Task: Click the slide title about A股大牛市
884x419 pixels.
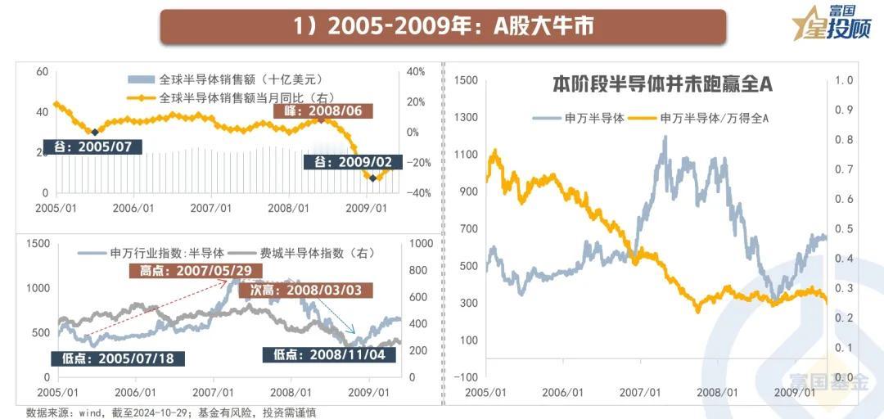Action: coord(443,26)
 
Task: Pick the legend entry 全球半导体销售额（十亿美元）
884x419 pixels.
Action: coord(227,80)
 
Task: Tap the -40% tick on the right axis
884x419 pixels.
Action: coord(414,193)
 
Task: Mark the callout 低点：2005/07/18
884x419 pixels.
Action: coord(118,358)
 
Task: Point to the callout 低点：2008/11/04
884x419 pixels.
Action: coord(329,354)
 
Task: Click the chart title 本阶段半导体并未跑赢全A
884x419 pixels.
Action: coord(663,84)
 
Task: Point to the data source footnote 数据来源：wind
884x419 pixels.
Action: coord(172,412)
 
